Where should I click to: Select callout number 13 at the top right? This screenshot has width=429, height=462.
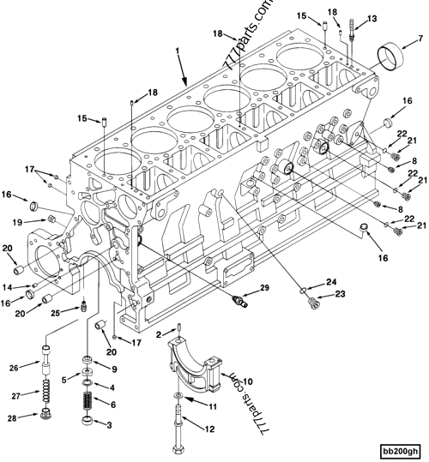click(x=372, y=19)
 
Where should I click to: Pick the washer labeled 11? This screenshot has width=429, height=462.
click(x=178, y=396)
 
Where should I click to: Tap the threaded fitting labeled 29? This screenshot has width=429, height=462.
click(x=241, y=302)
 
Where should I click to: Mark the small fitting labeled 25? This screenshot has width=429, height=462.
click(x=84, y=305)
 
